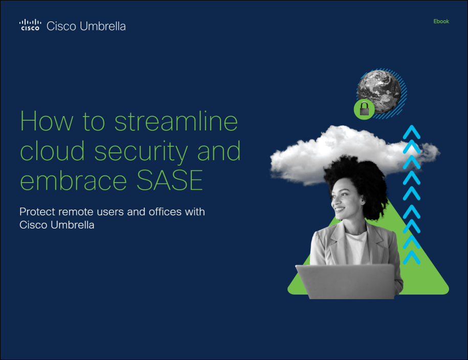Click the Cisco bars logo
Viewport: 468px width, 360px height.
(x=30, y=25)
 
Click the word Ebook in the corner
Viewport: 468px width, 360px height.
(x=441, y=21)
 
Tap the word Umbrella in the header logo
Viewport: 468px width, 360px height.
(x=103, y=26)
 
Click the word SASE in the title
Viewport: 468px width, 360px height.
(x=170, y=180)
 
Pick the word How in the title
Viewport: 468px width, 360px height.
(x=46, y=121)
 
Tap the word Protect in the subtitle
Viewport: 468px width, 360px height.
(x=37, y=212)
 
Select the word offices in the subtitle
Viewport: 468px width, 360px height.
(x=165, y=212)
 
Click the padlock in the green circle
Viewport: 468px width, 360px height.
(x=364, y=108)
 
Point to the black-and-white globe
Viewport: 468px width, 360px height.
(x=379, y=92)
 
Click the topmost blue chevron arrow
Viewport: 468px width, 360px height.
(x=412, y=131)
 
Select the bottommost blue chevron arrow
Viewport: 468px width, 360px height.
(x=412, y=257)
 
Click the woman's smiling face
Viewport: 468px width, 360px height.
(x=345, y=198)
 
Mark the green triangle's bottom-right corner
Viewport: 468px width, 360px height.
(x=447, y=292)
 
